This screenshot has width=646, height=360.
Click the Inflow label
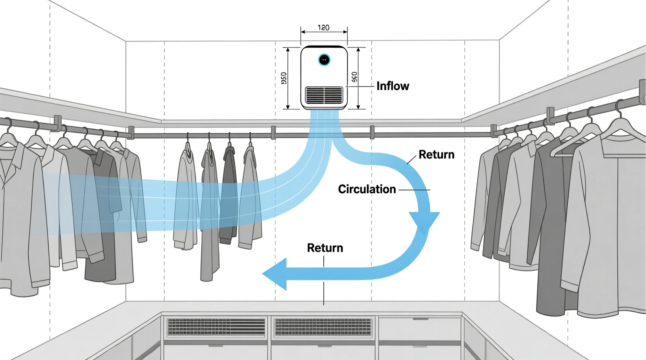[392, 86]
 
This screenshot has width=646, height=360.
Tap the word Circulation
[367, 189]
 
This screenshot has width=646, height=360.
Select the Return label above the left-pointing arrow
[325, 248]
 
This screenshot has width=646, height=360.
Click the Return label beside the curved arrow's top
[436, 155]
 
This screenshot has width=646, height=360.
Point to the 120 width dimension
[323, 28]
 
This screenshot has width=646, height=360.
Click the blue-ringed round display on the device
[324, 60]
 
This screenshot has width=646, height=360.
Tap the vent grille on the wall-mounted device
[324, 94]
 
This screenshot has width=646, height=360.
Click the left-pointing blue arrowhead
[276, 274]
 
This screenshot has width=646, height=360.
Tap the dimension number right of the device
[354, 77]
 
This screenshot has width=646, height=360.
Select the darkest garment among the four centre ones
[229, 194]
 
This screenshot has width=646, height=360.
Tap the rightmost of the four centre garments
[248, 198]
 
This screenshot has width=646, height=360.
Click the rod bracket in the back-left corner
[131, 132]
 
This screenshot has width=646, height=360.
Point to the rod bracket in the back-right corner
[493, 130]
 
